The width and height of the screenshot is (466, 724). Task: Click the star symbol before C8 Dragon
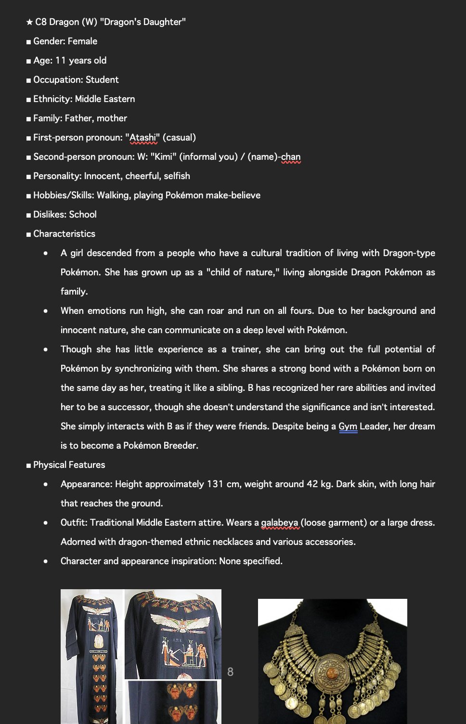[29, 22]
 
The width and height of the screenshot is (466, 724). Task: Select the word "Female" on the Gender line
[82, 41]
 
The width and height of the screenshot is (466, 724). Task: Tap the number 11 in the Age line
[60, 61]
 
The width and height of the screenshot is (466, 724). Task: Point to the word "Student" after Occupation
[102, 80]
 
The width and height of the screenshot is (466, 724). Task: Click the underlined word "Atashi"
[143, 138]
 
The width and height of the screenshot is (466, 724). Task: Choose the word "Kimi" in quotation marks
[163, 157]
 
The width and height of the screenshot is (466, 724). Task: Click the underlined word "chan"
[291, 157]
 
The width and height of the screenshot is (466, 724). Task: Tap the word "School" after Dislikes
[83, 215]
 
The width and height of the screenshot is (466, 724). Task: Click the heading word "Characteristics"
[64, 234]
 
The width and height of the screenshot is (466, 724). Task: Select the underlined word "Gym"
[348, 427]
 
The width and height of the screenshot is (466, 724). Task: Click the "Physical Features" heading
[69, 465]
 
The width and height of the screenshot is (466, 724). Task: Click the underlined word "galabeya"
[280, 523]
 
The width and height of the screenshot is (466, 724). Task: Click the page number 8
[230, 672]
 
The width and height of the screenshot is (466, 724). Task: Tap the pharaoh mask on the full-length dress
[98, 641]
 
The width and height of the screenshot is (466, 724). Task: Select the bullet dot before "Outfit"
[46, 523]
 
